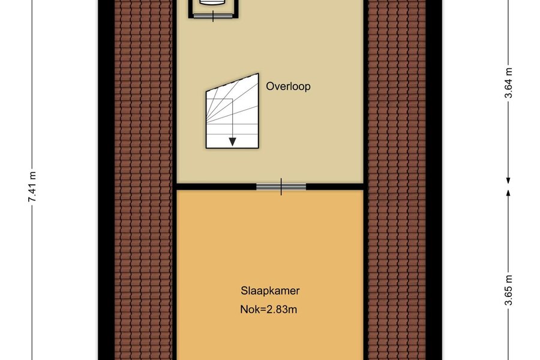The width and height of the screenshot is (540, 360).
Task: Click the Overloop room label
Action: point(288,86)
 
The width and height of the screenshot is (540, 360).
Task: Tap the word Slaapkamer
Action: point(270,291)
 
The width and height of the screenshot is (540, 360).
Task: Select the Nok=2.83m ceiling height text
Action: point(269,310)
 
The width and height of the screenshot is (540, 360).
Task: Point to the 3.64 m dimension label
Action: point(509,83)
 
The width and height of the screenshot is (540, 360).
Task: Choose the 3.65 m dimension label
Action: point(509,290)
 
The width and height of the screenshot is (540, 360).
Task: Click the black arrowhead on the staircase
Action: point(232,142)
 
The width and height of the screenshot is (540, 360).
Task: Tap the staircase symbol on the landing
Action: point(232,111)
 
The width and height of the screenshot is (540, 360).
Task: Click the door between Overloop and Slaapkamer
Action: point(281,187)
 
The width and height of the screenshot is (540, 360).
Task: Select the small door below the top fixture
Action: point(213,16)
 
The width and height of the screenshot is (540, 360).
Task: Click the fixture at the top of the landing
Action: point(213,4)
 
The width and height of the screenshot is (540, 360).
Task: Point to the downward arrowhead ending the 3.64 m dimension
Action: point(508,181)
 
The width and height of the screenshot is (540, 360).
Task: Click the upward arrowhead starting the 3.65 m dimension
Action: point(508,192)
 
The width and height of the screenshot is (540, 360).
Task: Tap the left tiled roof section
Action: point(143,180)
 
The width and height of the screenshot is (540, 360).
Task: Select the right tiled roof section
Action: point(397,180)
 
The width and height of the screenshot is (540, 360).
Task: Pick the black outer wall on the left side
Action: point(106,180)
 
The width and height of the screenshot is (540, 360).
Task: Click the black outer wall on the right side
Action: point(434,180)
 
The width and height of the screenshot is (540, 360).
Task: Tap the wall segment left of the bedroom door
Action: point(216,187)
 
